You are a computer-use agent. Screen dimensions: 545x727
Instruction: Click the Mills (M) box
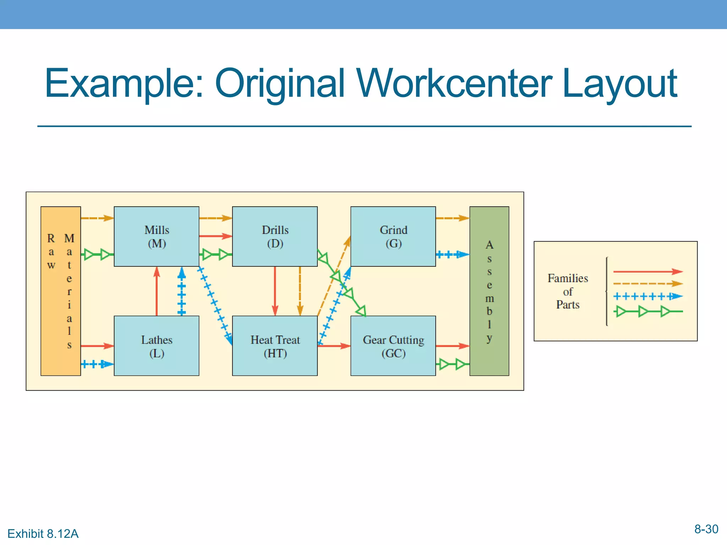pyautogui.click(x=156, y=236)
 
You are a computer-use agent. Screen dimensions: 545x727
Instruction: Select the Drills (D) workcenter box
pyautogui.click(x=275, y=236)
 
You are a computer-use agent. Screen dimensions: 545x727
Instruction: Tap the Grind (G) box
pyautogui.click(x=393, y=236)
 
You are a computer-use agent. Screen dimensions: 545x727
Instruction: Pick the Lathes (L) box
pyautogui.click(x=156, y=346)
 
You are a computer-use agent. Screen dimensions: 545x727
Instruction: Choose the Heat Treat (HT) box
pyautogui.click(x=275, y=346)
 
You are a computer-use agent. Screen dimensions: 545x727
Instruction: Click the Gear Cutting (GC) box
pyautogui.click(x=393, y=346)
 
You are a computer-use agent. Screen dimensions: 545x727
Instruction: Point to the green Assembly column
pyautogui.click(x=489, y=291)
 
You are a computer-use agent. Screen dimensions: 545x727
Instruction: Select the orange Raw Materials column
pyautogui.click(x=60, y=291)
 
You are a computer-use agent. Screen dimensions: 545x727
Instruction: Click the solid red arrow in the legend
pyautogui.click(x=647, y=272)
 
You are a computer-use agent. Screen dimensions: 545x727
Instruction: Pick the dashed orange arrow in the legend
pyautogui.click(x=647, y=284)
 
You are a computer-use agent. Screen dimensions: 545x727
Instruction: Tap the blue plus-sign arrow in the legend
pyautogui.click(x=647, y=296)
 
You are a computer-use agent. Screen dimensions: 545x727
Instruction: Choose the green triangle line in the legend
pyautogui.click(x=647, y=312)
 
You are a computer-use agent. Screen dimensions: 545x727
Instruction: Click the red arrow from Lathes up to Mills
pyautogui.click(x=157, y=291)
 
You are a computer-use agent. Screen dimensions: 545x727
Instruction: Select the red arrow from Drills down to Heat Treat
pyautogui.click(x=275, y=291)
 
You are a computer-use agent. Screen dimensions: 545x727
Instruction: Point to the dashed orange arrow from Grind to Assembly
pyautogui.click(x=452, y=218)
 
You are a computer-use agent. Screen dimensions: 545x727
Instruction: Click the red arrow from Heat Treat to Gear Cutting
pyautogui.click(x=334, y=346)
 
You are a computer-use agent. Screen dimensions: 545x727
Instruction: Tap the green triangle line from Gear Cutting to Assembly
pyautogui.click(x=452, y=364)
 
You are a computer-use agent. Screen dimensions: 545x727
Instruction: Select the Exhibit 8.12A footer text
pyautogui.click(x=43, y=534)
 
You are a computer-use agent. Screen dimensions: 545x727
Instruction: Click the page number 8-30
pyautogui.click(x=706, y=529)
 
